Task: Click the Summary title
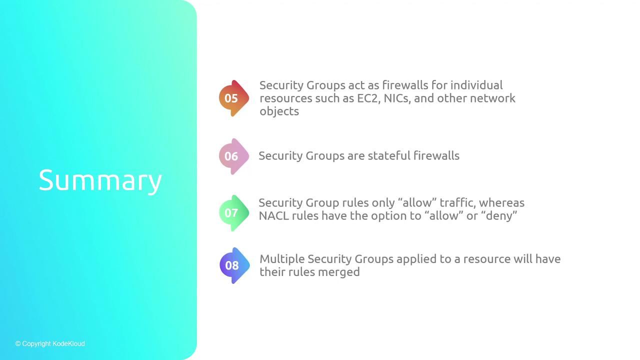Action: click(100, 180)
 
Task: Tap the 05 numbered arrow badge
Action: click(234, 98)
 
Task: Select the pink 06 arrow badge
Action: click(234, 156)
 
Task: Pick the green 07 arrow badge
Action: click(234, 213)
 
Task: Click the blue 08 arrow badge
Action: click(234, 265)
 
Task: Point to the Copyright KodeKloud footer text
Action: click(50, 343)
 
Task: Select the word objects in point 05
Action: click(279, 111)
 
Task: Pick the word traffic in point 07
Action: click(457, 203)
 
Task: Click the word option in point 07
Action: click(389, 216)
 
